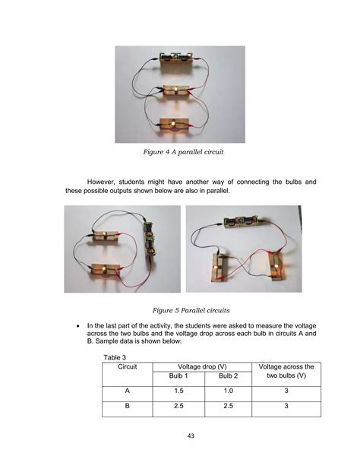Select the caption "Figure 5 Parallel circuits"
point(180,310)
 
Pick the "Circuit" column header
point(127,366)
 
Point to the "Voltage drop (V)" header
point(198,366)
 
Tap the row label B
point(127,408)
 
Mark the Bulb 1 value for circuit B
point(174,408)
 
